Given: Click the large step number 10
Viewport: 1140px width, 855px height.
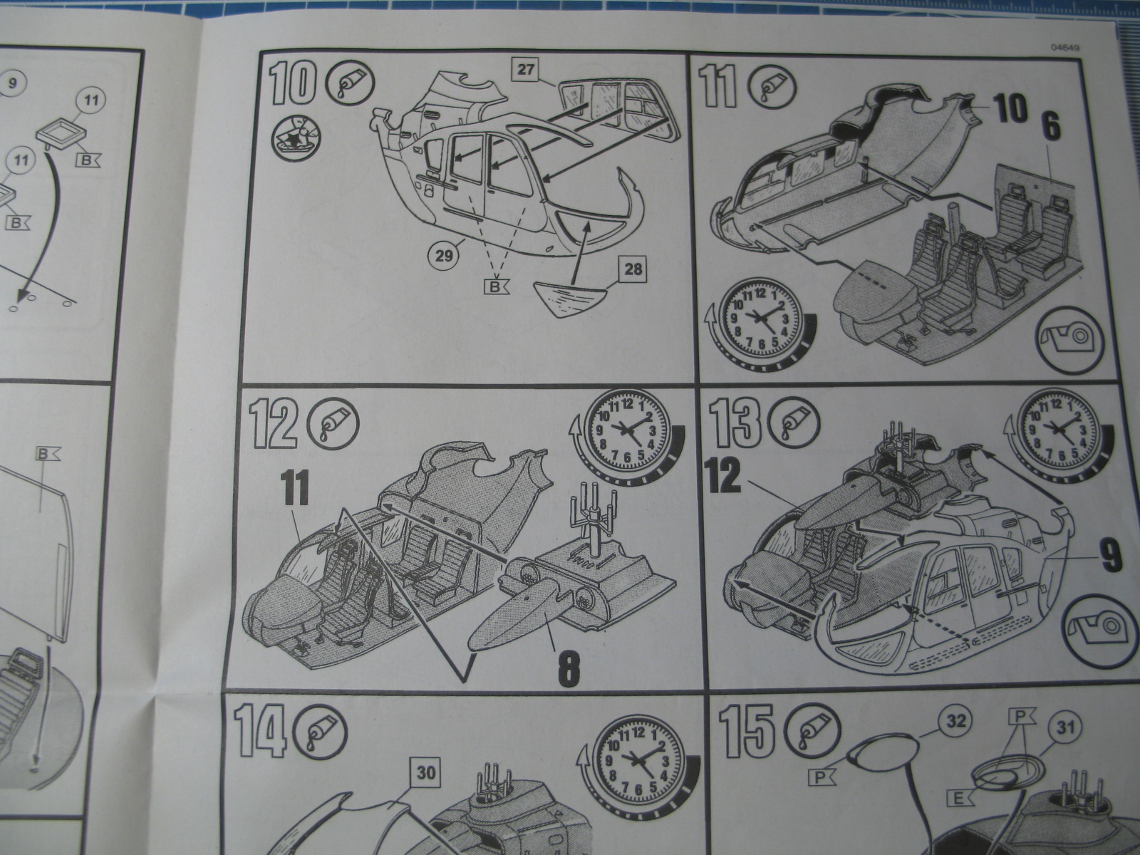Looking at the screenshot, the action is pyautogui.click(x=292, y=83).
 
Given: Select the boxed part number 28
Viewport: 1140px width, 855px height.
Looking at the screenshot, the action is pyautogui.click(x=633, y=270).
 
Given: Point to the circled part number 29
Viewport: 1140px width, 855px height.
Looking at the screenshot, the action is pyautogui.click(x=445, y=256).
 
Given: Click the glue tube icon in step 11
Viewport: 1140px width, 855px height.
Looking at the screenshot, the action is pyautogui.click(x=771, y=89).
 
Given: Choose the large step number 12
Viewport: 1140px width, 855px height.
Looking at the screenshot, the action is pyautogui.click(x=273, y=425).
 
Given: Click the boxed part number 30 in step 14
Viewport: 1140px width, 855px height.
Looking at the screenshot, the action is pyautogui.click(x=425, y=774).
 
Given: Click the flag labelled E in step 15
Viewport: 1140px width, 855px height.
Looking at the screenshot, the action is pyautogui.click(x=959, y=798).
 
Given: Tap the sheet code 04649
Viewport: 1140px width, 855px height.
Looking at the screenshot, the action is pyautogui.click(x=1064, y=48).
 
